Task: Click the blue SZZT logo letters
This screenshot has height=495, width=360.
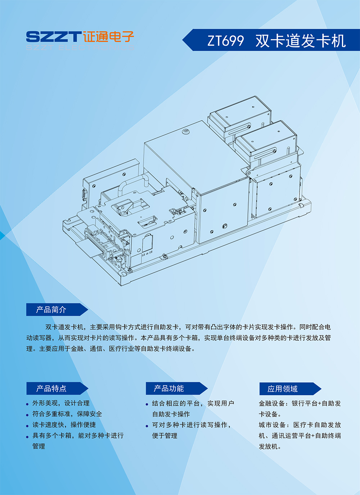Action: pos(53,36)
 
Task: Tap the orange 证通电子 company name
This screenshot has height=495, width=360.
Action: pos(108,36)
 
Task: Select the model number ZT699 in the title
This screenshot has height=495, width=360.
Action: pos(225,41)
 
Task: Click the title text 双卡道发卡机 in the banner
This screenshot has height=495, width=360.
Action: pos(301,41)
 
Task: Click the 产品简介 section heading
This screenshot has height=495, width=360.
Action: pos(51,310)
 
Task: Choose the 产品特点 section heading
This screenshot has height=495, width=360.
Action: pos(51,388)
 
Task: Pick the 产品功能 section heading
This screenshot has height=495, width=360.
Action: pos(169,388)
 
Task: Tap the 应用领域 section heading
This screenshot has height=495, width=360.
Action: pos(283,389)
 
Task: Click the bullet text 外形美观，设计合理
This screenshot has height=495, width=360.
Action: pos(61,403)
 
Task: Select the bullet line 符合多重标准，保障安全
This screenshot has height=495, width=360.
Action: pos(67,414)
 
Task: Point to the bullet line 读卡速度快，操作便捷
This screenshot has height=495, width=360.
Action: pos(64,425)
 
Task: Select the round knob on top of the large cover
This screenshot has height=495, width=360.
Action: pos(186,132)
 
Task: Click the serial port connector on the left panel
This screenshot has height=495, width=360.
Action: pos(85,195)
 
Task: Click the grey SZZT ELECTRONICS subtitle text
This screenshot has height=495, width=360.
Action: pos(80,48)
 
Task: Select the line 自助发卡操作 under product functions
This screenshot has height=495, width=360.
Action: pos(171,414)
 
